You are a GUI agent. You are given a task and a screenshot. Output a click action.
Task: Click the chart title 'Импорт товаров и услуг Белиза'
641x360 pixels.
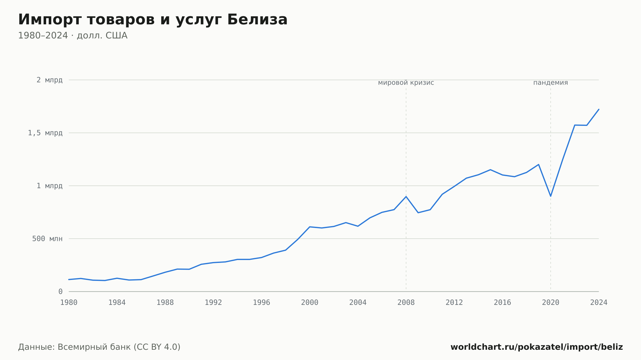point(153,20)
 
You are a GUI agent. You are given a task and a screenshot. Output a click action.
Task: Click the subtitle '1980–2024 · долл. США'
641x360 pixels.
point(73,36)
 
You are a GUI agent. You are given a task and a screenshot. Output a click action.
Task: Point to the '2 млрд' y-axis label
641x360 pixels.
point(49,80)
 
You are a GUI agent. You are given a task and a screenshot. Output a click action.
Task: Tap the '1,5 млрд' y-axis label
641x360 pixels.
point(45,133)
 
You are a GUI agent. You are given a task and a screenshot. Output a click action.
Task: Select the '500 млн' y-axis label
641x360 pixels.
point(47,239)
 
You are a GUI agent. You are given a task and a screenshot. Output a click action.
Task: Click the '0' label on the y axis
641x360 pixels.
point(60,291)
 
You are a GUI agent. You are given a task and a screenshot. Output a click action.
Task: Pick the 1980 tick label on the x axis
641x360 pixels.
point(69,303)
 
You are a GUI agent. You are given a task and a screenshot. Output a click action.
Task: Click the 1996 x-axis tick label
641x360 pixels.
point(262,303)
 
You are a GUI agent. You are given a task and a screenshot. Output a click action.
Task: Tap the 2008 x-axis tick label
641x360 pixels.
point(406,303)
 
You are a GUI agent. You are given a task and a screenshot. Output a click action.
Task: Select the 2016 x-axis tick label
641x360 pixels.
point(502,303)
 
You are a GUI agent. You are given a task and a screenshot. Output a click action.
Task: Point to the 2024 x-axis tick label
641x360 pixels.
point(599,303)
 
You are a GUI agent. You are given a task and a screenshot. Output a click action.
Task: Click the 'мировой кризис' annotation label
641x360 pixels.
point(406,83)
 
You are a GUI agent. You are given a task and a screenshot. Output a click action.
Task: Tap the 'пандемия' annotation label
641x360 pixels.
point(551,83)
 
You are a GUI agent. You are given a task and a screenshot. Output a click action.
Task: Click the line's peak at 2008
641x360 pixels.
point(406,196)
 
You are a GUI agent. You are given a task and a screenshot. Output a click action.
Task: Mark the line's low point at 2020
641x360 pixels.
point(551,196)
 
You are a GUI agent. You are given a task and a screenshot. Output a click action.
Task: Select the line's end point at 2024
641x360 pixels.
point(599,109)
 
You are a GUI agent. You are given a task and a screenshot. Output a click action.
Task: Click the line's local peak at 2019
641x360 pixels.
point(538,164)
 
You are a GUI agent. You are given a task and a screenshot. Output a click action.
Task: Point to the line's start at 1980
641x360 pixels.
point(69,280)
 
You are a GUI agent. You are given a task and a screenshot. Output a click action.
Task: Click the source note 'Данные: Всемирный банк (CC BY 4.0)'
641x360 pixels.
point(99,347)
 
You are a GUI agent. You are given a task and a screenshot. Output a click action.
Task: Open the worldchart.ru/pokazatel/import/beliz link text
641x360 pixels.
point(537,347)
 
